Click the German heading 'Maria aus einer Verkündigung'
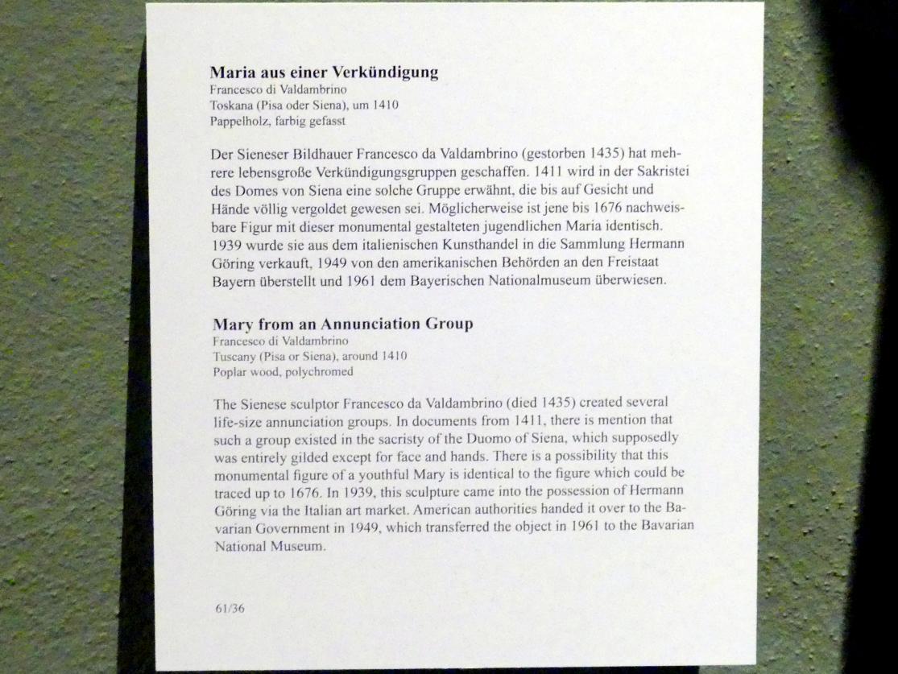tap(325, 72)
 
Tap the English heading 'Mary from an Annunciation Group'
tap(342, 325)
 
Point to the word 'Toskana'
tap(231, 105)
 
